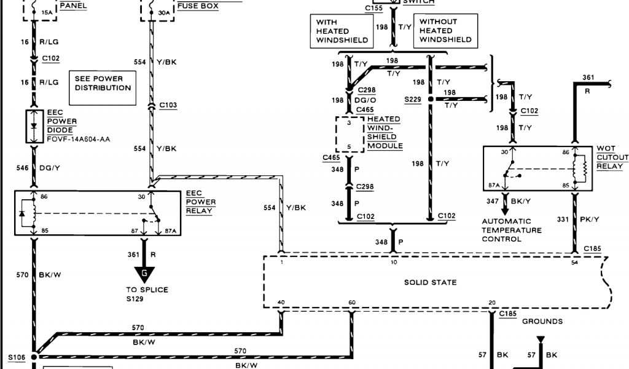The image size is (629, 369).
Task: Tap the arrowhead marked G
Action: click(x=145, y=274)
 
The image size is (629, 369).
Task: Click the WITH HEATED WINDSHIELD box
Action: click(x=342, y=31)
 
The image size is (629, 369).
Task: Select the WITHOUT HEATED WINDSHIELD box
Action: click(x=446, y=31)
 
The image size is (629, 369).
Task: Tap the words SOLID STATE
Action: click(x=430, y=282)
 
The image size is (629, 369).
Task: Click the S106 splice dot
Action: click(x=35, y=355)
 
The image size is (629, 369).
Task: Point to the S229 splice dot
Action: click(x=431, y=99)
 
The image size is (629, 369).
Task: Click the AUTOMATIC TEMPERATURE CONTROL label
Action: click(x=512, y=230)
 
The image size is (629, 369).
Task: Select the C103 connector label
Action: click(x=168, y=105)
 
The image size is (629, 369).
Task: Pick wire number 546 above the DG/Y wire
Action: click(x=23, y=167)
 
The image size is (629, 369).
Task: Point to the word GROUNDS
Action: click(x=542, y=321)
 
